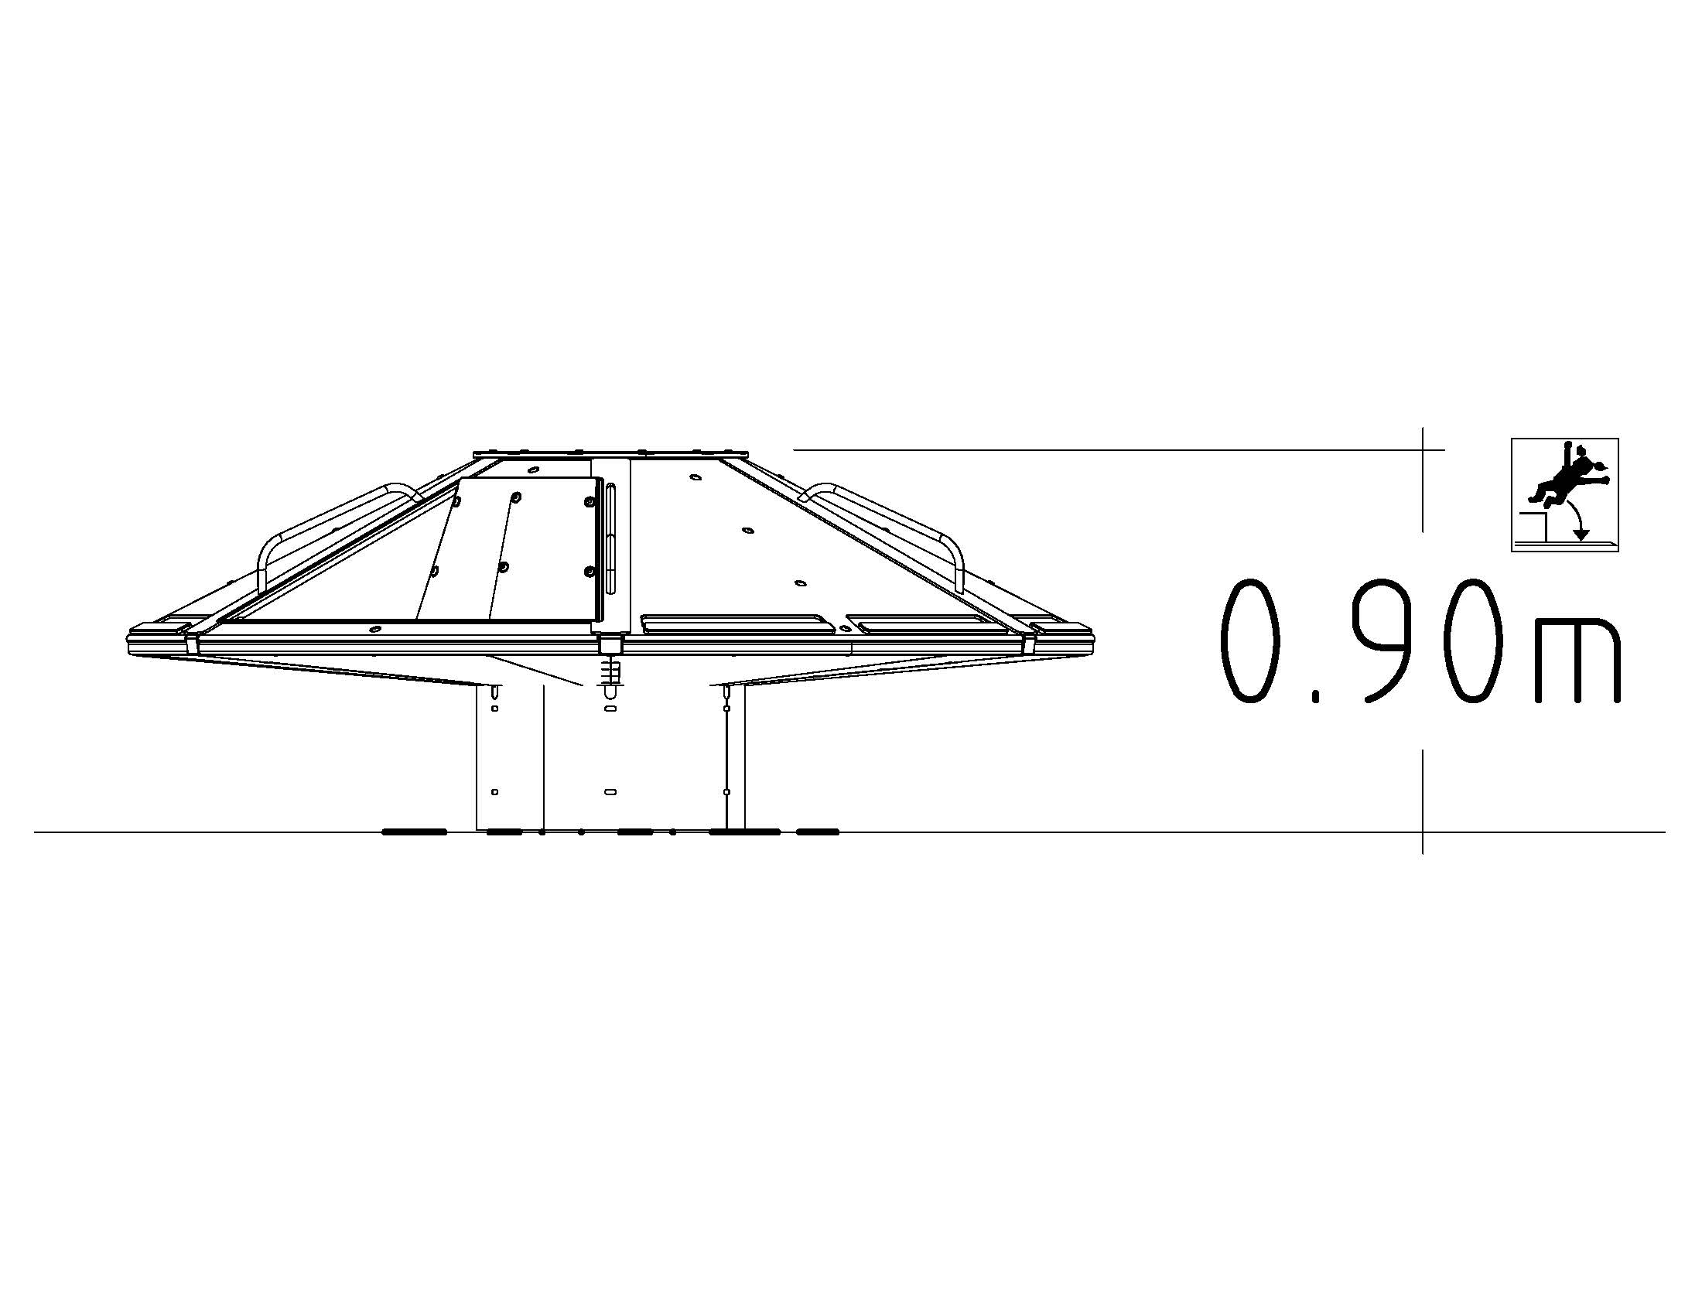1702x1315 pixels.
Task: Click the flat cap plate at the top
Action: [x=610, y=453]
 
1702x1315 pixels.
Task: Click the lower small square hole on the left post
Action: [x=495, y=792]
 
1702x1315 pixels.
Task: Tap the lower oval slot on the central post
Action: [x=610, y=791]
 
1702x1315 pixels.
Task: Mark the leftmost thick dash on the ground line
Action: [x=414, y=832]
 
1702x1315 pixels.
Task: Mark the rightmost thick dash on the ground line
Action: [x=818, y=832]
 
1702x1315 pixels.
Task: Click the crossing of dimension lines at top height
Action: [x=1423, y=449]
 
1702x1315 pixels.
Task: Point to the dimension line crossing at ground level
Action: [x=1423, y=832]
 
